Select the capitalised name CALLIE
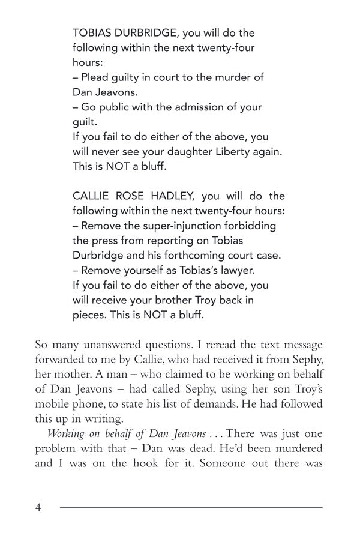[x=90, y=197]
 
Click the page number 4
[x=39, y=508]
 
